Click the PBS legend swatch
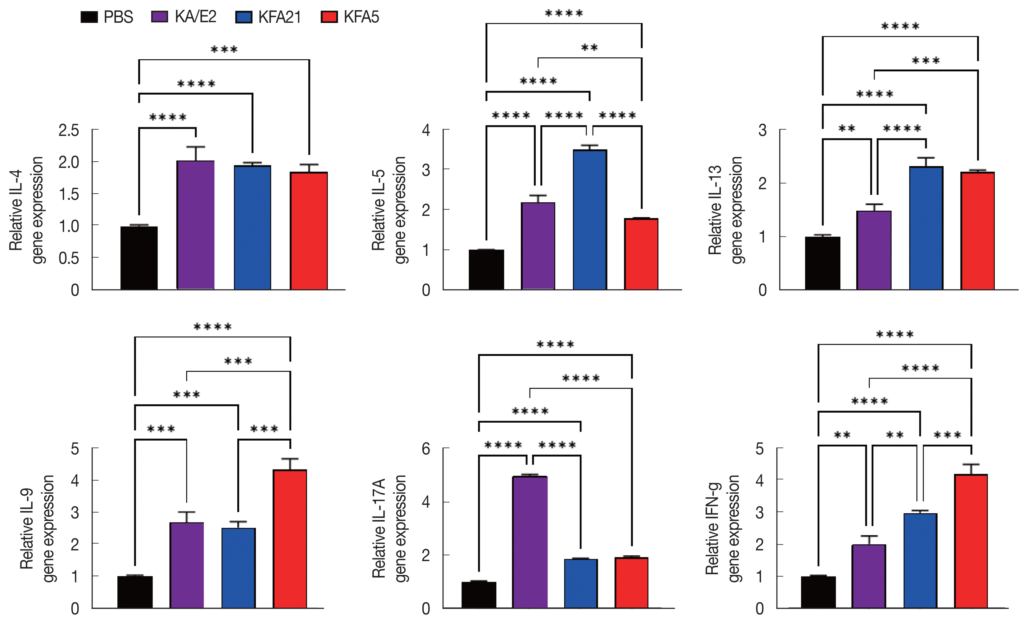click(x=89, y=17)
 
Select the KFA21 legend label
click(x=280, y=17)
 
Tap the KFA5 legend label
click(x=361, y=17)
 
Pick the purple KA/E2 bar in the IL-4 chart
click(x=196, y=225)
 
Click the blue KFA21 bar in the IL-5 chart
click(x=589, y=220)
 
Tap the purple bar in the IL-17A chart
click(x=530, y=542)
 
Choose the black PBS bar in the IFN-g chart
click(x=818, y=592)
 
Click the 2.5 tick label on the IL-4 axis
click(x=69, y=130)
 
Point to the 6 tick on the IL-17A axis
click(x=425, y=449)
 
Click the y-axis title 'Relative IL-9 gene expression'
click(x=37, y=528)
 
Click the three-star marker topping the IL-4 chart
click(x=224, y=50)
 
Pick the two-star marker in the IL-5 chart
click(x=589, y=48)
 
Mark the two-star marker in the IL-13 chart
click(x=847, y=128)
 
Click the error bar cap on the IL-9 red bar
click(x=290, y=459)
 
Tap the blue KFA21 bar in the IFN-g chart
click(x=920, y=561)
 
